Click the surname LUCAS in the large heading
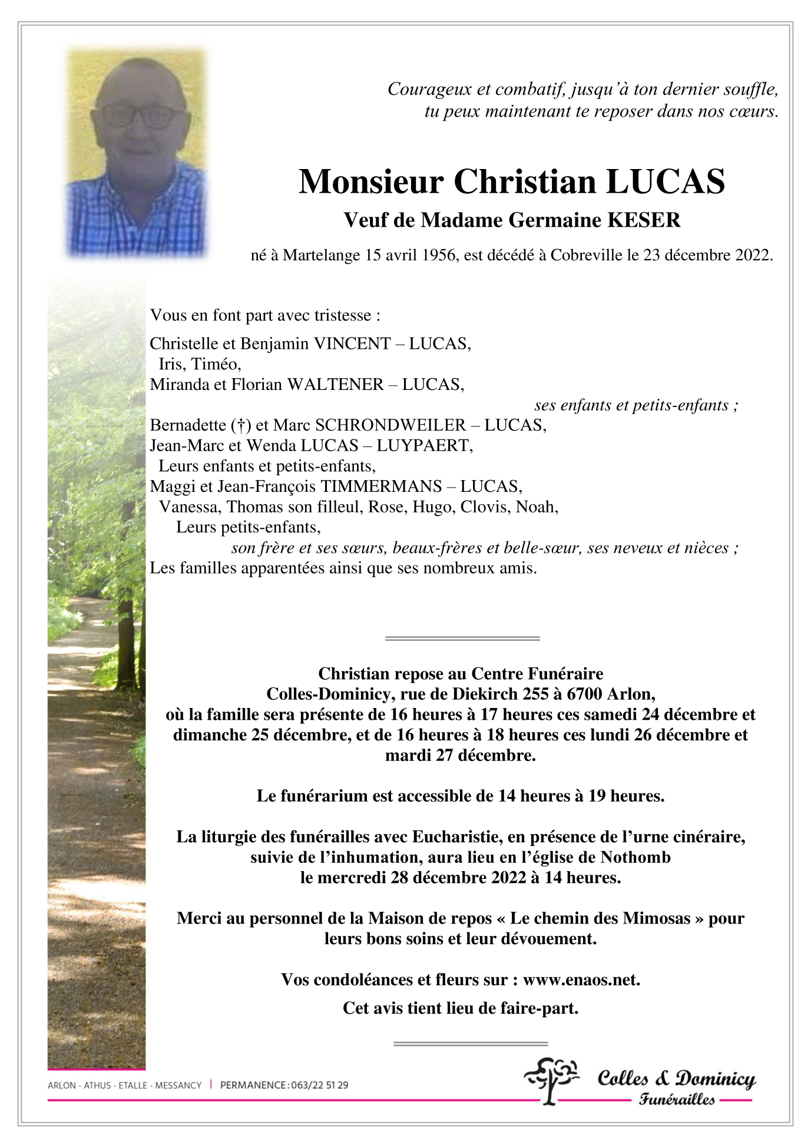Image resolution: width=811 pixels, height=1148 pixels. click(x=665, y=182)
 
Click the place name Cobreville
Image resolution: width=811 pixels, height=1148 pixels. click(x=586, y=255)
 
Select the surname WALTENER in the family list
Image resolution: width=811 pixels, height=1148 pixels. click(x=335, y=385)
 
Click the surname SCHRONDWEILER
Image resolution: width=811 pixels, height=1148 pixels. click(x=390, y=425)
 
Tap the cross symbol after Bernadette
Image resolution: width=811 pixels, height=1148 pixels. click(x=240, y=425)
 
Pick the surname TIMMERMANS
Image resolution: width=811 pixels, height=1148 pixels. click(x=380, y=487)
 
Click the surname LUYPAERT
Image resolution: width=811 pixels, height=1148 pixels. click(x=424, y=446)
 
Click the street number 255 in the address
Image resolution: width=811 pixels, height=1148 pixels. click(x=535, y=694)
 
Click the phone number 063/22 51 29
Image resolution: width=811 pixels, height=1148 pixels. click(x=319, y=1085)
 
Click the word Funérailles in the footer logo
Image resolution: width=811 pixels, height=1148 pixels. click(x=677, y=1099)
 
